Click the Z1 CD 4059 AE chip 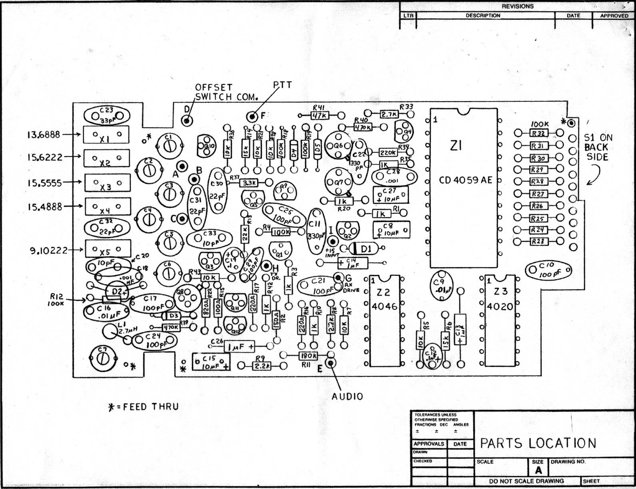463,188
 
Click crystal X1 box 106,135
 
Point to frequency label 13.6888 44,135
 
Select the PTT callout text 283,85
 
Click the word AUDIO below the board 347,396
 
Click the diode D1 365,248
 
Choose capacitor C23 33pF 107,115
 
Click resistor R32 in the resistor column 538,133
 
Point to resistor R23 538,241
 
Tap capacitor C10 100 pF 548,270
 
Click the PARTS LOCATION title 538,443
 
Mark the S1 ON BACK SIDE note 598,147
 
